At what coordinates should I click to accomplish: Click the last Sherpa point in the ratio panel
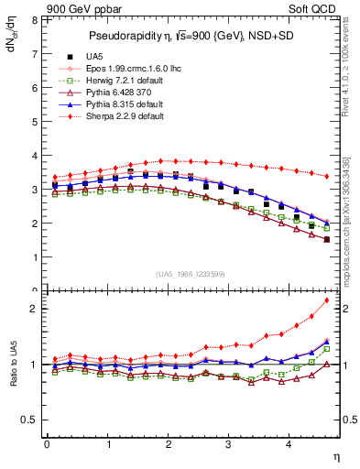(x=327, y=300)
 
